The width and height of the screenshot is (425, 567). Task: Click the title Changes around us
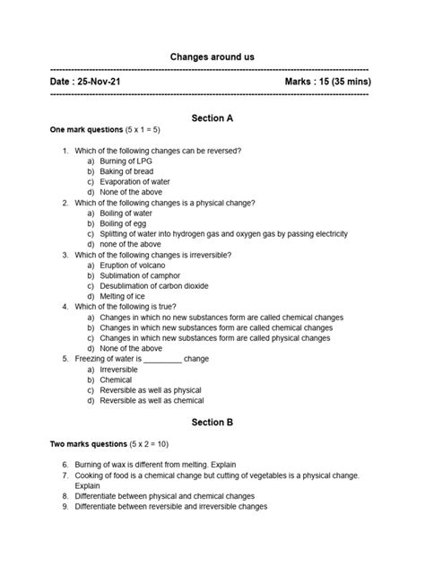(212, 57)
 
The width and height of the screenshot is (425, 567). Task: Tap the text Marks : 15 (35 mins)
(327, 82)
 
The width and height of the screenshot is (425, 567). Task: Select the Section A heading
(212, 118)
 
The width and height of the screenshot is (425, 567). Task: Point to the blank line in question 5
(162, 360)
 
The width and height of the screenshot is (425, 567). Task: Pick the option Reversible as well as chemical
(152, 400)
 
